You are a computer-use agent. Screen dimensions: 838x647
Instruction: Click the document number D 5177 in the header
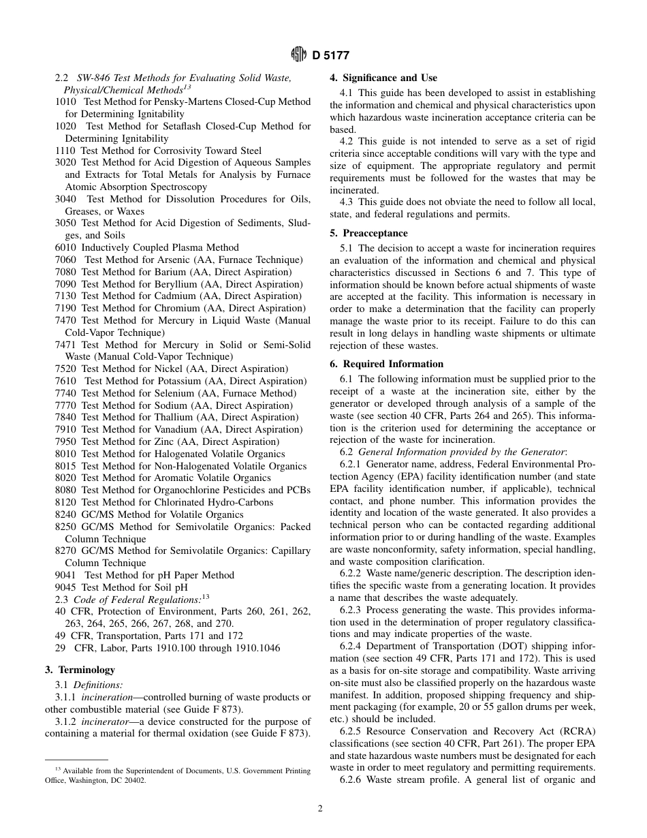[x=331, y=56]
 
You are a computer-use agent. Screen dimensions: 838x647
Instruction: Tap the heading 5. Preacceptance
[x=368, y=233]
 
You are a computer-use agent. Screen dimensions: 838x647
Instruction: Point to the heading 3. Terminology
[x=80, y=670]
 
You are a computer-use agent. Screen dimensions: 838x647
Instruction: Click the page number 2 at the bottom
[x=319, y=809]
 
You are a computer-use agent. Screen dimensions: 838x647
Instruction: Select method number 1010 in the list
[x=65, y=102]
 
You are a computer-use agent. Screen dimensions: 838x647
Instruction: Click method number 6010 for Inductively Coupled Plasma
[x=65, y=247]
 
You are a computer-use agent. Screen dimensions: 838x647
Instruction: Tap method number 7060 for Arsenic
[x=65, y=260]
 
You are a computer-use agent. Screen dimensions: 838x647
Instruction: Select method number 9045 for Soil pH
[x=65, y=587]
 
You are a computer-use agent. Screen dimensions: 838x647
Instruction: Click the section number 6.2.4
[x=352, y=646]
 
